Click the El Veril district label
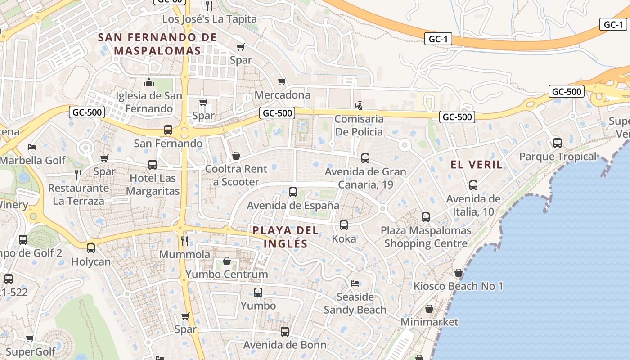coord(477,165)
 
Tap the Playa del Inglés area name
coord(286,237)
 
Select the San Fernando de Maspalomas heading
coord(157,44)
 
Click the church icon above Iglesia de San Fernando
coord(149,82)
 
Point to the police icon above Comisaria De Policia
coord(359,106)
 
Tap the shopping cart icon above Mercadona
coord(282,81)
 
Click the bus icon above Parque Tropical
coord(558,143)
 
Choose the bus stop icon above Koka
coord(344,225)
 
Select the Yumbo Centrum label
coord(227,274)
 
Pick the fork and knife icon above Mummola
coord(184,241)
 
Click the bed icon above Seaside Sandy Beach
coord(355,283)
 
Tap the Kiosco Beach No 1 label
coord(458,286)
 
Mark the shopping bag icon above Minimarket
coord(429,309)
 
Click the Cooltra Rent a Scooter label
coord(236,175)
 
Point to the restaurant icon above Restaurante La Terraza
coord(79,175)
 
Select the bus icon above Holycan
coord(91,248)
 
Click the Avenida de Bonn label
coord(285,345)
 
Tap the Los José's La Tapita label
coord(209,19)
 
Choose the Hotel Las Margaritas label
coord(153,184)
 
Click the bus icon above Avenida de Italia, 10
coord(473,185)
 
